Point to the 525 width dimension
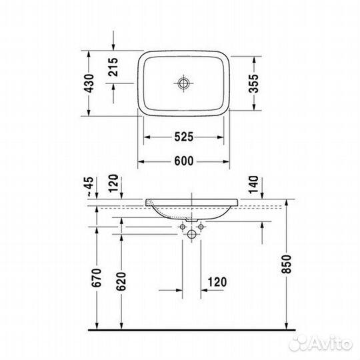(185, 137)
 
